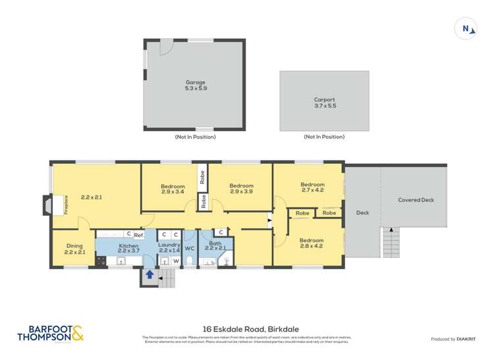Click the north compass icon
[466, 28]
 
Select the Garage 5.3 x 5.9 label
[196, 85]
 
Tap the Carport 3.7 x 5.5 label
[324, 103]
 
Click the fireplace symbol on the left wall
[47, 205]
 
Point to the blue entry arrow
[150, 275]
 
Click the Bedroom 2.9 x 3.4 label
[173, 189]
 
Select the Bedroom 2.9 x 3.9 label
[241, 189]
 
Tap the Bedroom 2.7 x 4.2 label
[312, 188]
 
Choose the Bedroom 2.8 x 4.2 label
[311, 244]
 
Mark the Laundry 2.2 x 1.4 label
[169, 248]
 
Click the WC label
[190, 248]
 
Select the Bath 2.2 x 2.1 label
[215, 246]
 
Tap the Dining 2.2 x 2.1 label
[74, 249]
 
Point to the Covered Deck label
[416, 200]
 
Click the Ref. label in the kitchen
[139, 234]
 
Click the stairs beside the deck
[391, 243]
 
